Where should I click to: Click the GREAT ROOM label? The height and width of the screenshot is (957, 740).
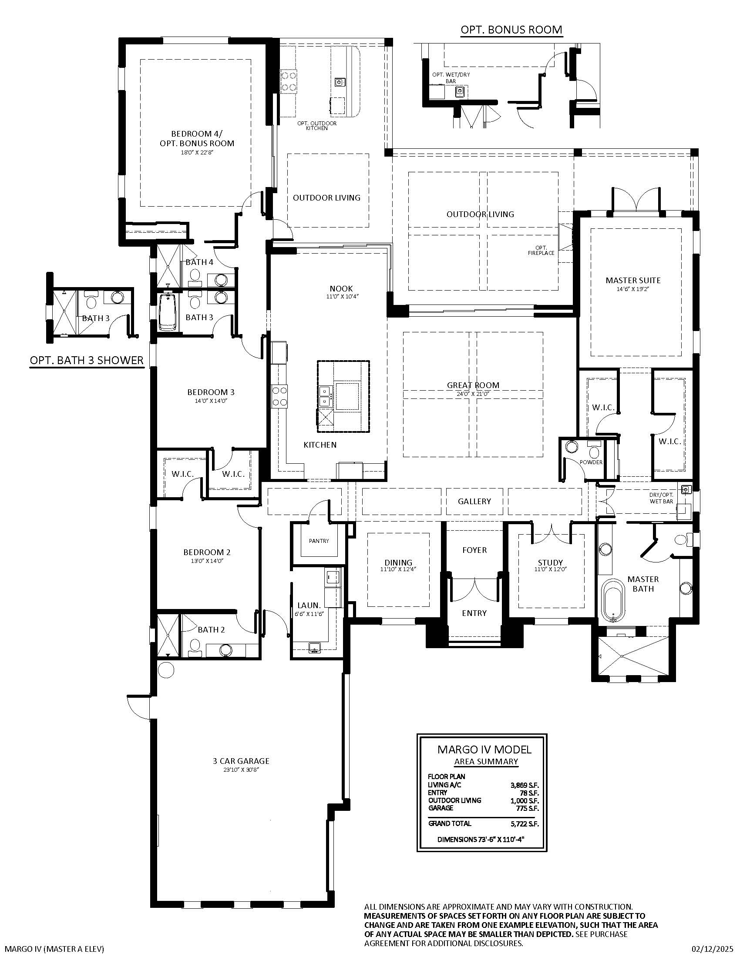coord(473,385)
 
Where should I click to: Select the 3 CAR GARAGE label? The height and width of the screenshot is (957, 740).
coord(241,761)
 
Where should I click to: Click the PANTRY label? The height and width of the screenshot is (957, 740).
coord(319,541)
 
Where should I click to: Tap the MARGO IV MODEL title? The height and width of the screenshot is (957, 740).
coord(484,750)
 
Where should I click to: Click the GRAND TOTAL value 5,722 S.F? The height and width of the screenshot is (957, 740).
coord(525,823)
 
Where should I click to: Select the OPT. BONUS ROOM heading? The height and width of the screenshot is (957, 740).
coord(511,29)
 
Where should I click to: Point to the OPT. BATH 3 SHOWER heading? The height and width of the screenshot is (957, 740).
coord(87,360)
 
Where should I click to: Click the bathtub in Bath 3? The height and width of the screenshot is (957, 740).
coord(167,312)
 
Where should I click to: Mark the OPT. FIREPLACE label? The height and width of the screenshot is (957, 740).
coord(541,250)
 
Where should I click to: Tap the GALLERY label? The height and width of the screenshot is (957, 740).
coord(474,501)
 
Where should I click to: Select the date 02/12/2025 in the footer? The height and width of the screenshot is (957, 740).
coord(712,949)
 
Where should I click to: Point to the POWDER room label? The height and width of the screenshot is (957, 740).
coord(591,462)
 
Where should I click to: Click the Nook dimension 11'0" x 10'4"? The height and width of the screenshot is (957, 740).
coord(341,297)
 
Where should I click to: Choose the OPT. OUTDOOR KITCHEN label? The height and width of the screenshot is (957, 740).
coord(317,126)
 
